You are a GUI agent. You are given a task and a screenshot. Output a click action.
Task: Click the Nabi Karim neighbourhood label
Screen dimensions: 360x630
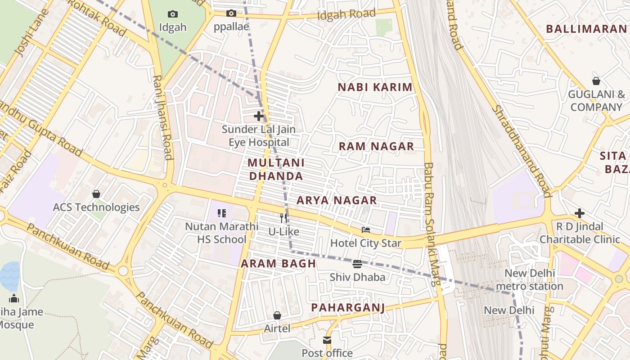pos(375,87)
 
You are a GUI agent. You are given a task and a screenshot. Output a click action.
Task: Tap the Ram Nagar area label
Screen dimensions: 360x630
pos(376,146)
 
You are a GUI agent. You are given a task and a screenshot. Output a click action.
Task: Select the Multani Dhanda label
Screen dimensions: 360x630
pos(276,169)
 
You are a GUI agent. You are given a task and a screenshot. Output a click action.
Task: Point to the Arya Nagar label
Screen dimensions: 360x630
pos(337,200)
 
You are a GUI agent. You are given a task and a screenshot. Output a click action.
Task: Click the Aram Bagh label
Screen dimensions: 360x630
pos(278,264)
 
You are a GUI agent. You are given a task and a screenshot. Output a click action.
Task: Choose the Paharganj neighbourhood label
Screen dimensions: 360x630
pos(348,308)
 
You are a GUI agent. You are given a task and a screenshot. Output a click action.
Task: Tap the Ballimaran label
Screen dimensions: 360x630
pos(586,29)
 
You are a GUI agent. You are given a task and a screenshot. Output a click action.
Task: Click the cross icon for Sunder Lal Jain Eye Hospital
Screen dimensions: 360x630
pos(259,116)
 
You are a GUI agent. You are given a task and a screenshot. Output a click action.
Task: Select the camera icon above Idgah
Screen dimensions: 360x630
pos(172,14)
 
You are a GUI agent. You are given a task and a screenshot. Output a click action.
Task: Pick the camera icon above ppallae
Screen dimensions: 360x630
pos(231,13)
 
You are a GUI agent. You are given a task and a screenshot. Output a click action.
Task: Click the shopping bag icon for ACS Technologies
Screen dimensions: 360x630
pos(96,194)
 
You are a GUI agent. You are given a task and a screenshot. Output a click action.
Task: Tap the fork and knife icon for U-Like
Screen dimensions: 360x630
pos(283,218)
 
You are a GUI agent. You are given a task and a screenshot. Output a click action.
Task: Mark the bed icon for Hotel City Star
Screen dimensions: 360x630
pos(366,230)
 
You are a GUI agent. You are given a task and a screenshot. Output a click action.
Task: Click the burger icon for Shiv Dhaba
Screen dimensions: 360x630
pos(357,264)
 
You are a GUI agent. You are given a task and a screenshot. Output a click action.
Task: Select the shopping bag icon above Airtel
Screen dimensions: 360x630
pos(277,315)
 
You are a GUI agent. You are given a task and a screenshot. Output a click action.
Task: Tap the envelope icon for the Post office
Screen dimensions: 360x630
pos(327,340)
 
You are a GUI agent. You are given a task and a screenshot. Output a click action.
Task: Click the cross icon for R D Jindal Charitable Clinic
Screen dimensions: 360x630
pos(580,213)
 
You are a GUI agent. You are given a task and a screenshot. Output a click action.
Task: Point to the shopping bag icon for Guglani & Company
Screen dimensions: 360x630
pos(596,81)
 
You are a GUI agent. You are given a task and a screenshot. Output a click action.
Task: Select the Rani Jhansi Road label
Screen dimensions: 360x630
pos(162,117)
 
